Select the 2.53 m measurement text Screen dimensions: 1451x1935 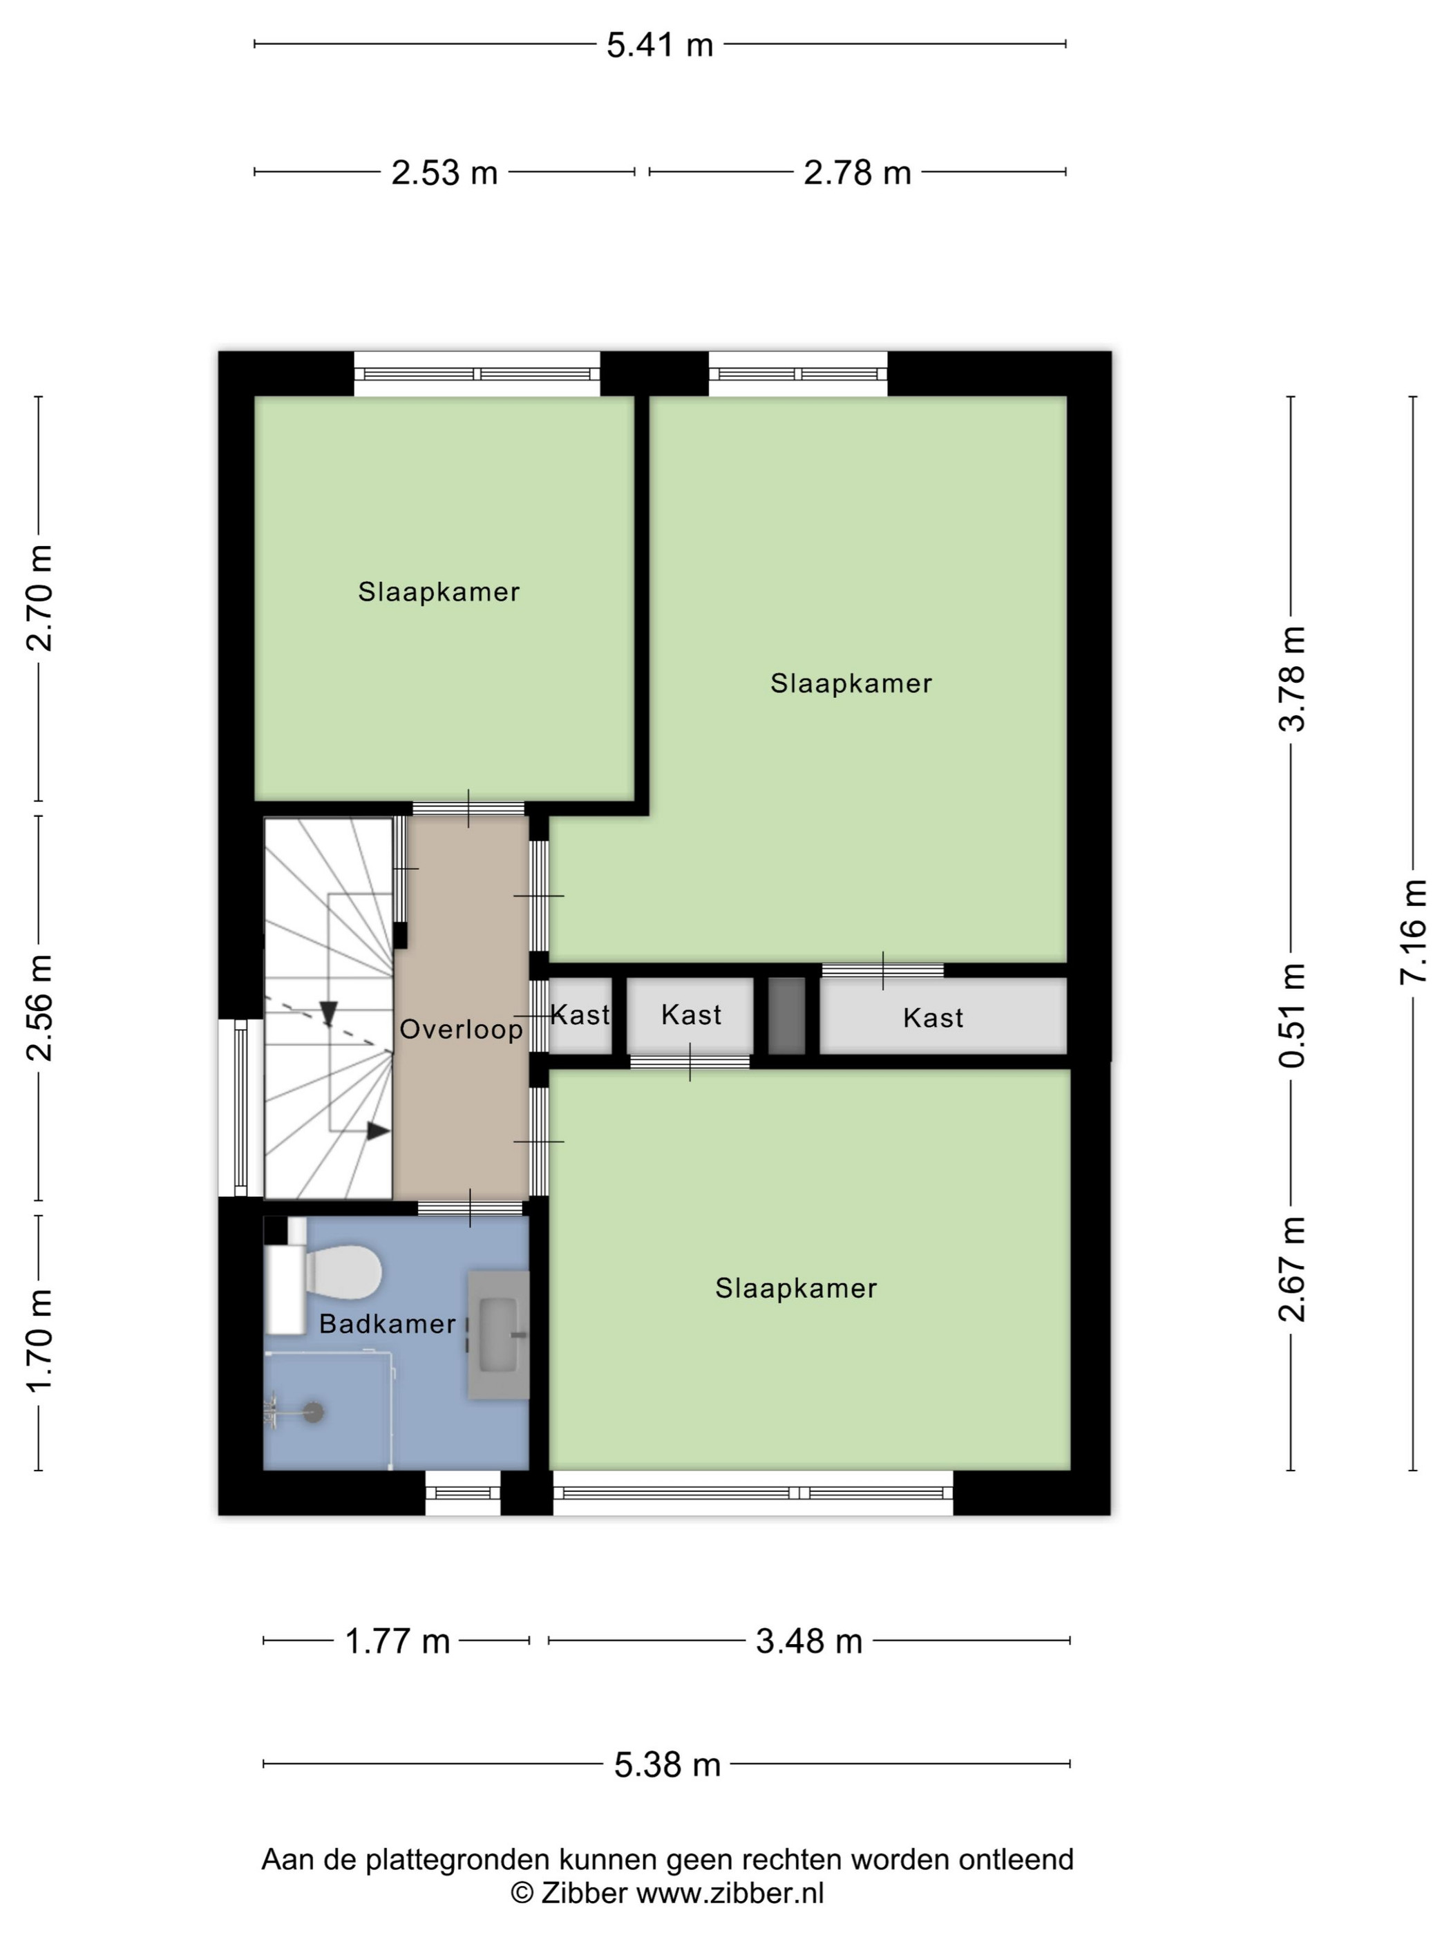click(x=444, y=172)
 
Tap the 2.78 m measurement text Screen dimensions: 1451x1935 click(x=857, y=172)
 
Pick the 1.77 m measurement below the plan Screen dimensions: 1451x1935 click(x=397, y=1641)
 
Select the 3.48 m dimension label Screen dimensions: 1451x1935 click(x=809, y=1641)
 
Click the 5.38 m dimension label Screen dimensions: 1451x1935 click(x=667, y=1764)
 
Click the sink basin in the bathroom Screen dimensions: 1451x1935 click(x=500, y=1335)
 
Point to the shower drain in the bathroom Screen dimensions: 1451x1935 click(x=313, y=1411)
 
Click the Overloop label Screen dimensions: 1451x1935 click(x=461, y=1030)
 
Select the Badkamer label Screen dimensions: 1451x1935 click(x=388, y=1323)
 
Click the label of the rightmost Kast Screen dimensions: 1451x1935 click(x=933, y=1017)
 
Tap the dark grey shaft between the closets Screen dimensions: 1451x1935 click(x=786, y=1016)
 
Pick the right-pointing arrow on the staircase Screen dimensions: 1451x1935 click(x=378, y=1131)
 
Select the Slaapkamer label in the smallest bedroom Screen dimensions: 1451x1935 click(x=439, y=592)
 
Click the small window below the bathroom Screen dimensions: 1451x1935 click(x=463, y=1492)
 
